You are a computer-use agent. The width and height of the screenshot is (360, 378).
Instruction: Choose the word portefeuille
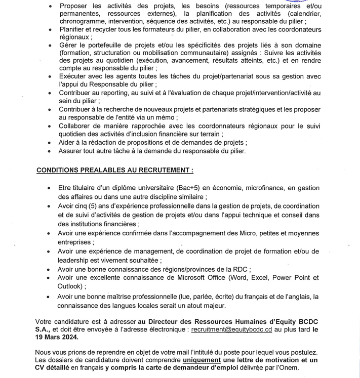click(103, 45)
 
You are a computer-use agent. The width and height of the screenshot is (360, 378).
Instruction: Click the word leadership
click(75, 260)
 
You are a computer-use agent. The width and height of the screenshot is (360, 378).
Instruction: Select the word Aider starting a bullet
click(68, 143)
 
